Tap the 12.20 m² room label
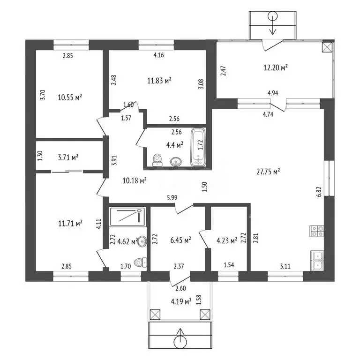coord(275,67)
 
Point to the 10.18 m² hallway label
coord(135,180)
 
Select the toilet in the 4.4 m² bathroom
coord(157,160)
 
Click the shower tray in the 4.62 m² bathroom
coord(128,217)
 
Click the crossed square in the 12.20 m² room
coord(327,47)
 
